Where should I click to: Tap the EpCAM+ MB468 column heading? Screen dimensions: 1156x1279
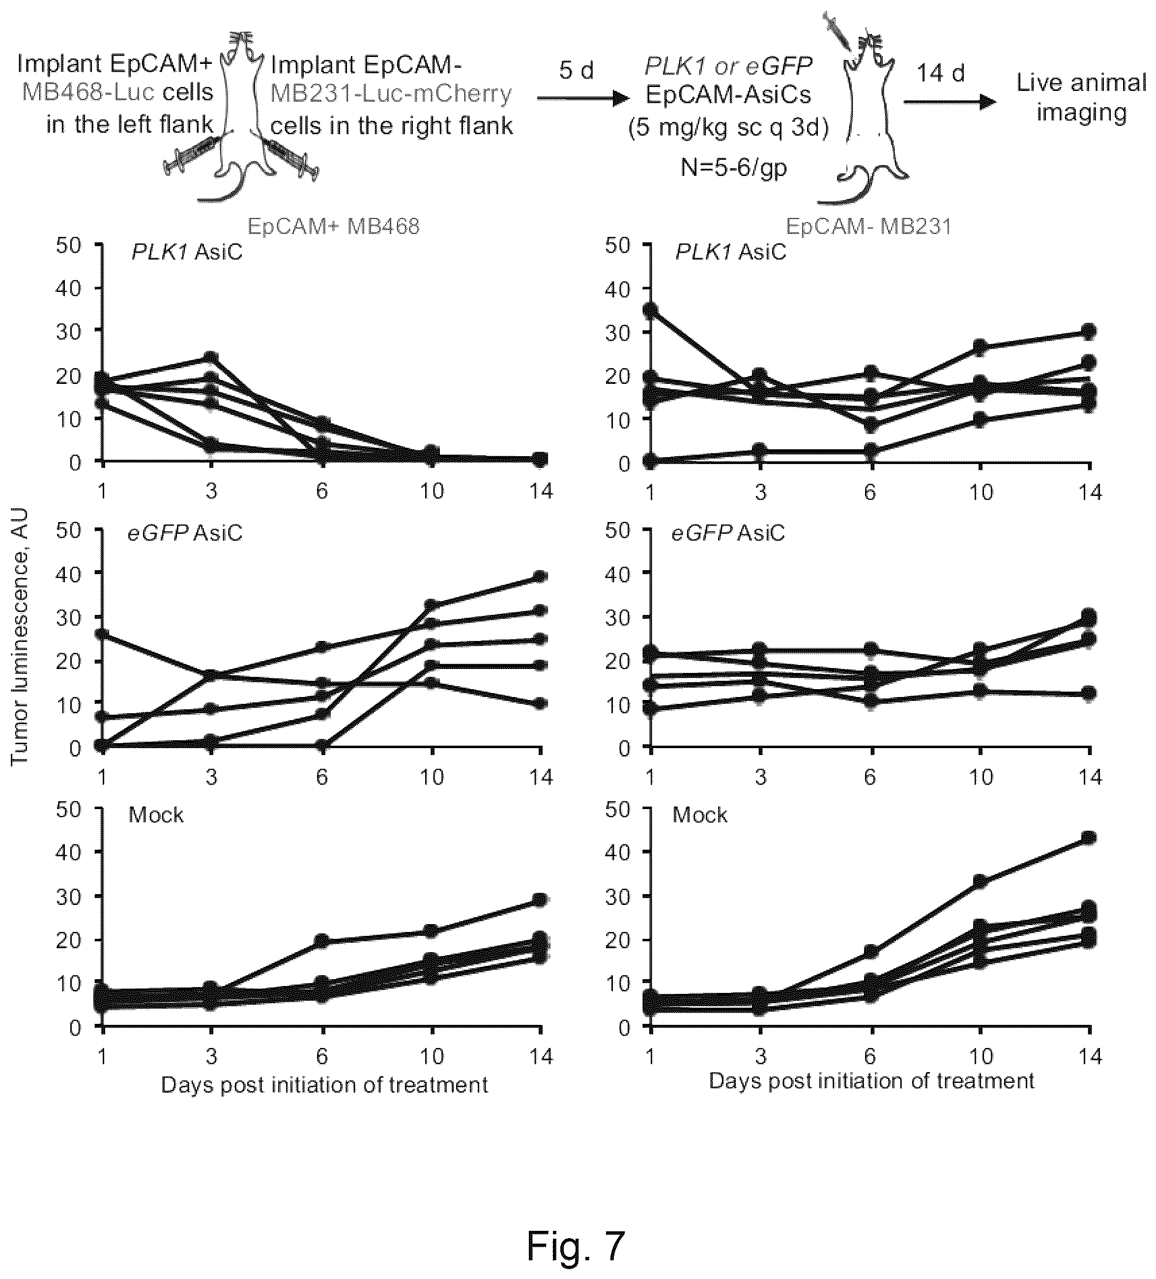click(333, 227)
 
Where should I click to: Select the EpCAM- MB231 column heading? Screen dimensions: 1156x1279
click(868, 227)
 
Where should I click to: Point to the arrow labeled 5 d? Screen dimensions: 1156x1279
click(583, 98)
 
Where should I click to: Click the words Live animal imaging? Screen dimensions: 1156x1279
click(1081, 98)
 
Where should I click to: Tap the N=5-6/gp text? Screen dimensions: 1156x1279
click(733, 168)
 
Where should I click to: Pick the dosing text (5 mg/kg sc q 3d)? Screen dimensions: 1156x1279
click(728, 128)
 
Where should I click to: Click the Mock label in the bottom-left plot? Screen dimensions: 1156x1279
click(156, 814)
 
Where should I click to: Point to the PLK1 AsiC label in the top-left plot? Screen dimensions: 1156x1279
click(187, 252)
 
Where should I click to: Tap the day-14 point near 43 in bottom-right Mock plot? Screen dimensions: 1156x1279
click(1089, 838)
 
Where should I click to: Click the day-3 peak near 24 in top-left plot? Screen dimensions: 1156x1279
click(211, 357)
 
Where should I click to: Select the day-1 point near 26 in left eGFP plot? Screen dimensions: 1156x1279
click(102, 634)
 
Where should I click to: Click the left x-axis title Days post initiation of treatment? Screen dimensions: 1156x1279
click(324, 1085)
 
